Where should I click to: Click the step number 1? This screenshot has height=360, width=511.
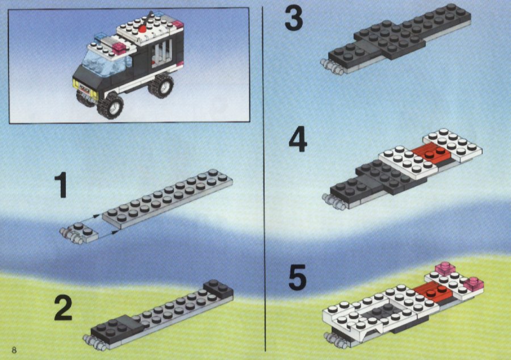pos(61,185)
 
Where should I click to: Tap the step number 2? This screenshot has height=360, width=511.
pos(63,308)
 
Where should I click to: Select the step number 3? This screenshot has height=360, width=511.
pos(294,19)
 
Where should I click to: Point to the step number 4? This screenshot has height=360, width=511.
pos(298,140)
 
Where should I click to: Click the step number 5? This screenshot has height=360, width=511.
pos(298,278)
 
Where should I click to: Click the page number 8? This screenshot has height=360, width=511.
pos(14,350)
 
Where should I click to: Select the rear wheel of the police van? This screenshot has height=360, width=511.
pos(161,85)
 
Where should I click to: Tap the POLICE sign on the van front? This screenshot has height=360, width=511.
pos(84,89)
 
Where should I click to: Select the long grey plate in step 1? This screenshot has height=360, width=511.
pos(167,198)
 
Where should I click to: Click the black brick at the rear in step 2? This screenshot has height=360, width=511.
pos(217,288)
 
